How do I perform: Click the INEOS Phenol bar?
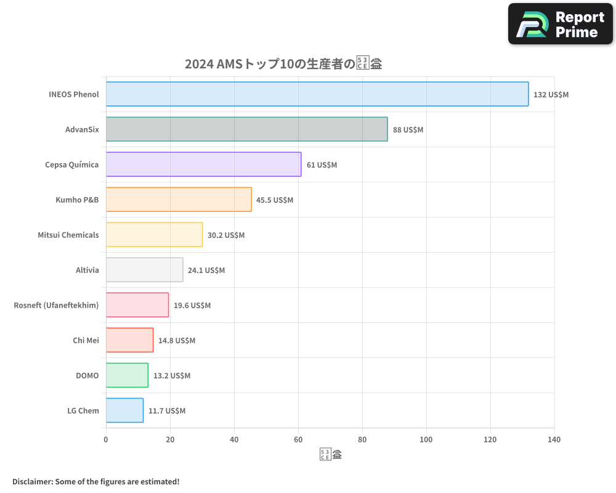(x=317, y=94)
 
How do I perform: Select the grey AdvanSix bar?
(x=246, y=129)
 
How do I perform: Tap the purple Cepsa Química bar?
(x=203, y=165)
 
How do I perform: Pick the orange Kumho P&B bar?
(x=179, y=200)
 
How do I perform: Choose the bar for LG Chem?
(x=124, y=410)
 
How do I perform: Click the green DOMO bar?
(x=127, y=375)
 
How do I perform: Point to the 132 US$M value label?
(x=551, y=95)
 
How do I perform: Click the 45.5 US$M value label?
(x=275, y=200)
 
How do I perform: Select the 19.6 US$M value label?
(x=192, y=306)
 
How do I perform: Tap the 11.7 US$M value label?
(x=166, y=411)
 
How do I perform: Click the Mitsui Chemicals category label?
(x=68, y=235)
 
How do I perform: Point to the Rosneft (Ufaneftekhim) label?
(x=56, y=305)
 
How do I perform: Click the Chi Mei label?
(x=86, y=340)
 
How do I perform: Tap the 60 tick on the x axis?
(x=298, y=440)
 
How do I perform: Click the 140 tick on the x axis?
(x=554, y=440)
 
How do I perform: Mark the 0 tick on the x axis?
(x=106, y=440)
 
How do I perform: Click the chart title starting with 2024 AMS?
(x=283, y=64)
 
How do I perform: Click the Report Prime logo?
(x=561, y=24)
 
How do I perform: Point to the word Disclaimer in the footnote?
(x=32, y=481)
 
